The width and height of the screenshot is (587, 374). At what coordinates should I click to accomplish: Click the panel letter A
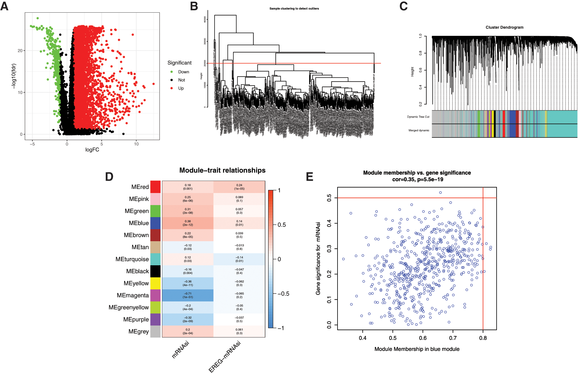4,6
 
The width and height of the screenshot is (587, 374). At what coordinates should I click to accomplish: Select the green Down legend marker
172,72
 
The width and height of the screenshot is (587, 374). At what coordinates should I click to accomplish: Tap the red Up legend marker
172,88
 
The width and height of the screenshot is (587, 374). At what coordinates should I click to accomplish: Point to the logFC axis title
92,150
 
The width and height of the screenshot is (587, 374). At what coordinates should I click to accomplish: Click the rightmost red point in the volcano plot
154,84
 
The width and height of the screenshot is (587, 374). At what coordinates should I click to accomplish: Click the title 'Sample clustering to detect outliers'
294,9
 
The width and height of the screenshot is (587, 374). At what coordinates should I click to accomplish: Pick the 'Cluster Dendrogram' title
504,27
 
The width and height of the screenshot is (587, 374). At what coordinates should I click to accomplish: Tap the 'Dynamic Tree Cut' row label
418,117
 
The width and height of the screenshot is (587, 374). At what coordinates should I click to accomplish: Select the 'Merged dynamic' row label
419,130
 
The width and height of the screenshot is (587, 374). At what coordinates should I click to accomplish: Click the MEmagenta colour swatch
155,295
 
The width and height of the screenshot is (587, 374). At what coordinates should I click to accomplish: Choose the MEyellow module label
136,283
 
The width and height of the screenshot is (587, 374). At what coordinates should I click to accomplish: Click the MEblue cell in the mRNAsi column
188,223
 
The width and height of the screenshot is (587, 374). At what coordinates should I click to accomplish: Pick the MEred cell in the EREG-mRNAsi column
239,187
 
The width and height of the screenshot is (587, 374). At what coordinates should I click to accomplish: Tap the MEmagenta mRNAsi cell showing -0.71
188,295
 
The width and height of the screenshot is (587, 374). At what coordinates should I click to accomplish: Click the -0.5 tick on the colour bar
284,294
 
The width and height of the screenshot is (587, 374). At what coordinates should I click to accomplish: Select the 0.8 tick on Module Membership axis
483,338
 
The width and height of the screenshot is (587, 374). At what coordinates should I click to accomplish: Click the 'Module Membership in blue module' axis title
417,349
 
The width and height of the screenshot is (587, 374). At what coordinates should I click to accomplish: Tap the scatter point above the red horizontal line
441,193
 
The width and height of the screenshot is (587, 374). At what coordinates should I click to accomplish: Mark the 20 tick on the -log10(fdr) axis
20,51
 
